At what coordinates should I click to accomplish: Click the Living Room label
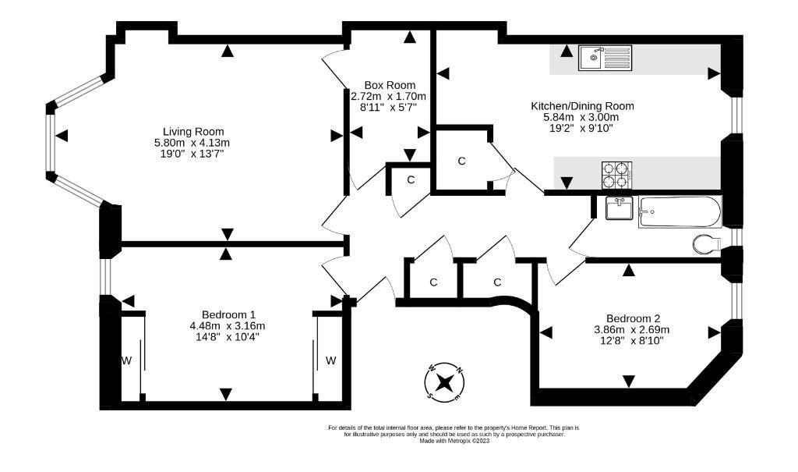(192, 131)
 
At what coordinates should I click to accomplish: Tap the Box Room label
(390, 85)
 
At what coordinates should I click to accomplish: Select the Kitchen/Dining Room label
(582, 106)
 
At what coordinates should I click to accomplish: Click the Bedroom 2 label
(633, 318)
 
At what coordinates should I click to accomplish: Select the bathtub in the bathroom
(680, 211)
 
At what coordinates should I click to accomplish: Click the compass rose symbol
(445, 382)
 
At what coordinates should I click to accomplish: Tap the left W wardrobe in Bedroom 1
(125, 360)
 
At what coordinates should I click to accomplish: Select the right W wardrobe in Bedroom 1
(330, 360)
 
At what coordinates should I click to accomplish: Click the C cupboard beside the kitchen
(461, 161)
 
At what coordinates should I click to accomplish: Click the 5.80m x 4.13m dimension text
(192, 143)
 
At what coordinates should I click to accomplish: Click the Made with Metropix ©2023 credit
(454, 442)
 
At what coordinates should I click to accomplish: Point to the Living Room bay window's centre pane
(51, 142)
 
